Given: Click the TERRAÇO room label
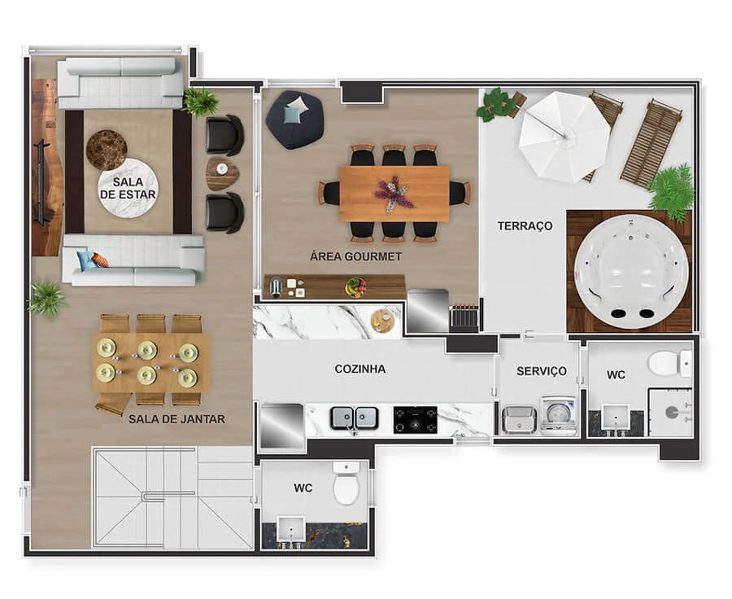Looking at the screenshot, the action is tap(525, 226).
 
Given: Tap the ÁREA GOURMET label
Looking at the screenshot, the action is tap(355, 256).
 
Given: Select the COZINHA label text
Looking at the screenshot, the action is tap(360, 369).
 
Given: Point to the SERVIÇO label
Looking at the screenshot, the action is tap(542, 371).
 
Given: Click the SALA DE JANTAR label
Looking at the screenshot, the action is tap(177, 419).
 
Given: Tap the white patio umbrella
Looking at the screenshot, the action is tap(564, 137).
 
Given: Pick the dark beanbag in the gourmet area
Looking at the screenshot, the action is tap(294, 120).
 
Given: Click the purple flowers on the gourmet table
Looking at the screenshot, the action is tap(394, 194).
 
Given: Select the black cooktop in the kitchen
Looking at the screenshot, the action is tap(415, 420).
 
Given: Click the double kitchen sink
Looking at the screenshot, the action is tap(355, 418).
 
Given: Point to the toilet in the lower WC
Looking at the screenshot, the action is tap(346, 483).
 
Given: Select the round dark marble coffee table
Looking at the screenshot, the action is tap(107, 150).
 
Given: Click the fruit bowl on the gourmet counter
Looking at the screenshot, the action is tap(355, 286).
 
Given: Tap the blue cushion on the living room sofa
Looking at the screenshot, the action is tap(87, 260).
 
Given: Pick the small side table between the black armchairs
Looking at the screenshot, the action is tap(223, 173).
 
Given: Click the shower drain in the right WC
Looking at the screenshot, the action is tap(672, 412).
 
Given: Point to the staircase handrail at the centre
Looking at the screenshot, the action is tap(168, 496).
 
